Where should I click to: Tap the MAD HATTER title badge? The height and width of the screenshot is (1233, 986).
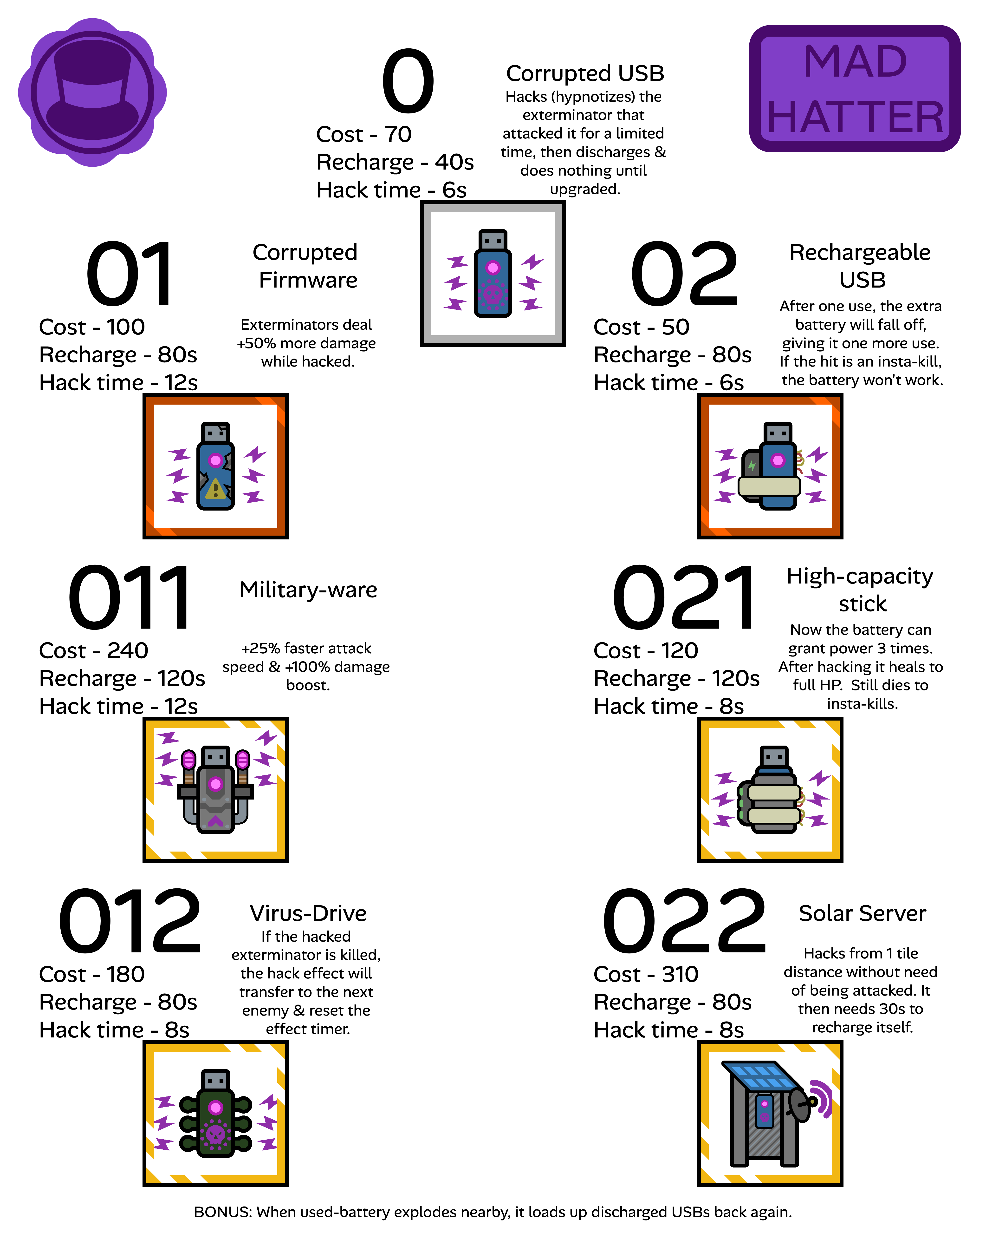click(x=855, y=89)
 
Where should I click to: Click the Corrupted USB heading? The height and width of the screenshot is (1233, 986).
click(x=585, y=73)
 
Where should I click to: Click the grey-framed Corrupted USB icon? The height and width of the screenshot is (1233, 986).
click(x=493, y=273)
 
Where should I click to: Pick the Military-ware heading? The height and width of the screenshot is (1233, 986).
click(x=308, y=590)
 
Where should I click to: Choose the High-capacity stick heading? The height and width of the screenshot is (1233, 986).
click(x=860, y=590)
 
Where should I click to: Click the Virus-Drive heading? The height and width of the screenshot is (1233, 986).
click(x=308, y=913)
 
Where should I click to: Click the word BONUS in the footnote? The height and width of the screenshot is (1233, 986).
click(x=222, y=1212)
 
